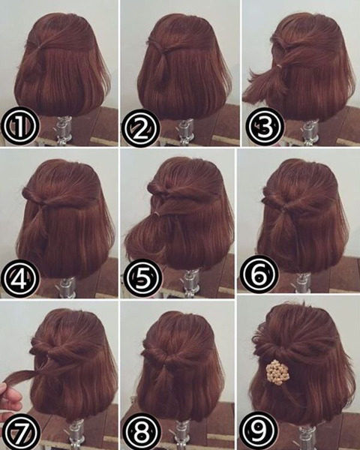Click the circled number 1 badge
[19, 126]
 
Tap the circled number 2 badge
[140, 128]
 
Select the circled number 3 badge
[265, 126]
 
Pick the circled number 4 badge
[19, 279]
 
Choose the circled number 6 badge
[259, 273]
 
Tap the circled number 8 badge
[141, 431]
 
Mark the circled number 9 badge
[259, 430]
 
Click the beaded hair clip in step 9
[277, 372]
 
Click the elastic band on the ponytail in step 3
[279, 67]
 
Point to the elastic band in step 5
[157, 214]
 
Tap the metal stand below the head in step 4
[67, 287]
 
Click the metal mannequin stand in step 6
[303, 283]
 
